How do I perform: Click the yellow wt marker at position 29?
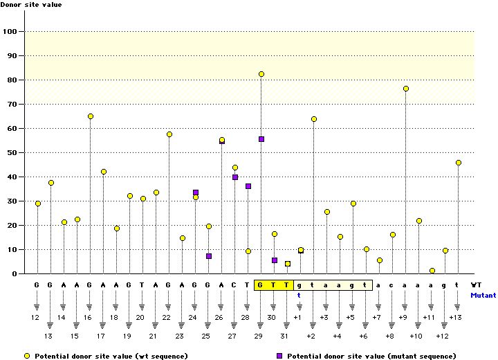pyautogui.click(x=261, y=74)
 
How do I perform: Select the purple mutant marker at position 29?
pyautogui.click(x=261, y=139)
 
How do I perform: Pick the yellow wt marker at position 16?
pyautogui.click(x=91, y=116)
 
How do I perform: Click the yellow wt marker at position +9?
pyautogui.click(x=406, y=89)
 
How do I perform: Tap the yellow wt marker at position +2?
pyautogui.click(x=314, y=119)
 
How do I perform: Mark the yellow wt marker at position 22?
pyautogui.click(x=169, y=134)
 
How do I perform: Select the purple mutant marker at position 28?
pyautogui.click(x=248, y=186)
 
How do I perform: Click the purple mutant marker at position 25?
pyautogui.click(x=209, y=256)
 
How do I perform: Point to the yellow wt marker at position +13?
pyautogui.click(x=459, y=163)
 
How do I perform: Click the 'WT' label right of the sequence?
pyautogui.click(x=476, y=285)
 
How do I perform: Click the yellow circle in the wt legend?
pyautogui.click(x=26, y=355)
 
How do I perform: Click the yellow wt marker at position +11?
pyautogui.click(x=432, y=271)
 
